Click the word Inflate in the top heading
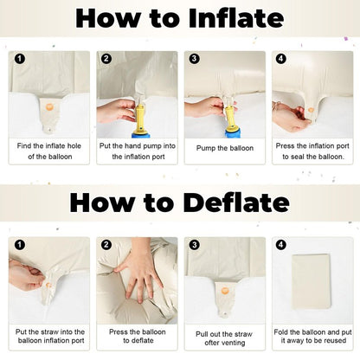[236, 18]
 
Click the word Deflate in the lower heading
[236, 202]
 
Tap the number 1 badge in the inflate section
[19, 59]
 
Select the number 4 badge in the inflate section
[281, 59]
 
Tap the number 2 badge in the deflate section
[106, 245]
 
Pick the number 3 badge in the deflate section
[195, 245]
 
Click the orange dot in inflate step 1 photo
[49, 107]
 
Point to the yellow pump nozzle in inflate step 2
[140, 119]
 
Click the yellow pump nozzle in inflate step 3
[231, 119]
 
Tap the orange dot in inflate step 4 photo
[311, 110]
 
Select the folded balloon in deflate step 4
[312, 281]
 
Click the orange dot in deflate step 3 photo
[225, 290]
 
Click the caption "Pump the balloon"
[225, 148]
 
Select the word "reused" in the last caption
[334, 340]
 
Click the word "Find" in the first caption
[24, 145]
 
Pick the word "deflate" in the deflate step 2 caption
[142, 340]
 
